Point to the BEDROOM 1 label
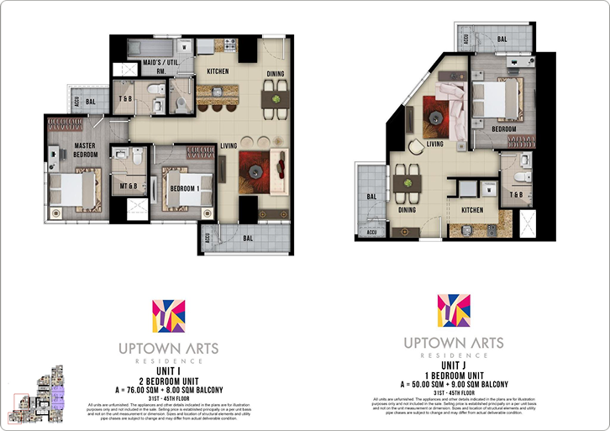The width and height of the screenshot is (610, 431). coord(183,188)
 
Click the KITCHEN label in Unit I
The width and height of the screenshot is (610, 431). coord(217,71)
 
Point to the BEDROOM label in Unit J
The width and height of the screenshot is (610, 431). coord(503,129)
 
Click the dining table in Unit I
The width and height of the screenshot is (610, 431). coord(272,100)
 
